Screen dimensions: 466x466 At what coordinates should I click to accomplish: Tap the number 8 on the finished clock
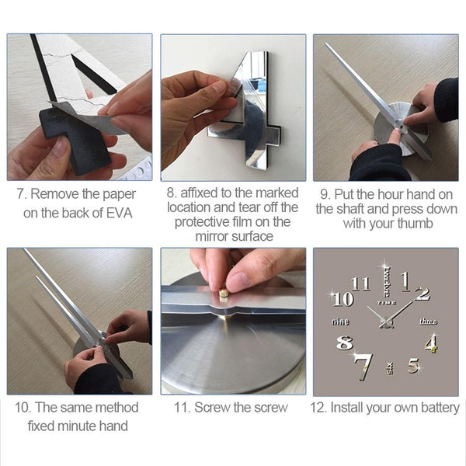345,343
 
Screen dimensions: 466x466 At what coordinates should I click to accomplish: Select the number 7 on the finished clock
363,367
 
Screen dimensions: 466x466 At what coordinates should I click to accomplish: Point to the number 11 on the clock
361,283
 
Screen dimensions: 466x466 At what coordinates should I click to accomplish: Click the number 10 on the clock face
343,299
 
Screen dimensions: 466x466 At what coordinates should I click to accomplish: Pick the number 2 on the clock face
423,294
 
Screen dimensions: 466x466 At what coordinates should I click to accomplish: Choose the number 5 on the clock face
413,366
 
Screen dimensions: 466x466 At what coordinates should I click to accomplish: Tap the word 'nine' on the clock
341,322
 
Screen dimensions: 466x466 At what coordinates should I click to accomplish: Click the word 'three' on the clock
428,322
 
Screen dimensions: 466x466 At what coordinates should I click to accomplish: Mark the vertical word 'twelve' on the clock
386,283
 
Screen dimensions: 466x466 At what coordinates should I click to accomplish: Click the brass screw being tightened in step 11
224,294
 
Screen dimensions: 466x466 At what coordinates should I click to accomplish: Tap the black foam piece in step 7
77,140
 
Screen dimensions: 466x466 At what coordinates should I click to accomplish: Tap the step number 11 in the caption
181,408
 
